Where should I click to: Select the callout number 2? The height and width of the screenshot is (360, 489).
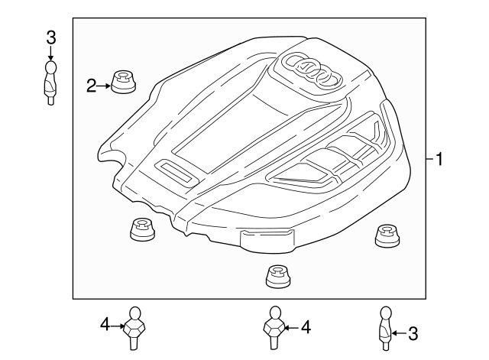pyautogui.click(x=91, y=86)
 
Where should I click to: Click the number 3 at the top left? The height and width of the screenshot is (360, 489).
pyautogui.click(x=50, y=36)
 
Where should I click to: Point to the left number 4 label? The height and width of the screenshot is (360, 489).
pyautogui.click(x=105, y=326)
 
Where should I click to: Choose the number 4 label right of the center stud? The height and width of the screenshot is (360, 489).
pyautogui.click(x=306, y=327)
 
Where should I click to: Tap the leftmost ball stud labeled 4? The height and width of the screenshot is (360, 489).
pyautogui.click(x=135, y=326)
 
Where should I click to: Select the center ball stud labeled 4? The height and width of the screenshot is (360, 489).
pyautogui.click(x=274, y=327)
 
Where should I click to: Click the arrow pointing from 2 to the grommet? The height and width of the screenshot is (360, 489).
pyautogui.click(x=104, y=86)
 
